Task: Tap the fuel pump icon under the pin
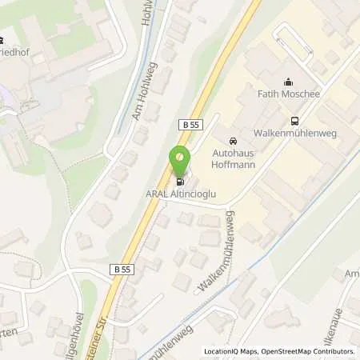(x=179, y=182)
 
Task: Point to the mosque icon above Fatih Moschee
(x=288, y=82)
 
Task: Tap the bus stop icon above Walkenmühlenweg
(x=295, y=122)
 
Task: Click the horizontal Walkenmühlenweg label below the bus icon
(x=296, y=134)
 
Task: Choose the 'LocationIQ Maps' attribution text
(x=230, y=351)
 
